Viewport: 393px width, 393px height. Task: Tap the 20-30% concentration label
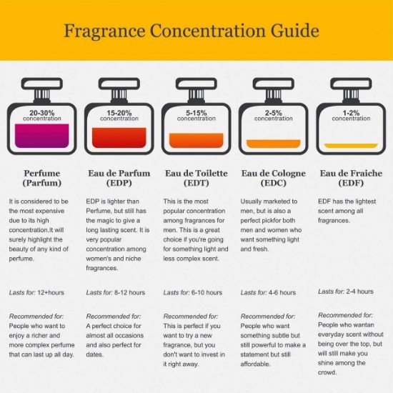(42, 116)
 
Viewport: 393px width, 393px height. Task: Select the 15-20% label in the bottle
(119, 113)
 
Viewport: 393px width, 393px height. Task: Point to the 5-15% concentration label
(196, 116)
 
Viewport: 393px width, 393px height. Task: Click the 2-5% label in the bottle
(274, 113)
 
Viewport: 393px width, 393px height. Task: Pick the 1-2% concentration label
(351, 116)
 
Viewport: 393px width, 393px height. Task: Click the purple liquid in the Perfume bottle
(42, 136)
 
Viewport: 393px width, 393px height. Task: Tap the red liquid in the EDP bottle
(119, 138)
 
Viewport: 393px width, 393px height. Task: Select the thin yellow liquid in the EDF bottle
(351, 146)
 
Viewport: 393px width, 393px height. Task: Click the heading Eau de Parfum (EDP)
(119, 178)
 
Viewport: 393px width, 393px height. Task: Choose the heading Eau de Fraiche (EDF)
(351, 178)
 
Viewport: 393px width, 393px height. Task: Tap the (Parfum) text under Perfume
(42, 183)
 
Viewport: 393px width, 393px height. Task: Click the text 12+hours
(51, 292)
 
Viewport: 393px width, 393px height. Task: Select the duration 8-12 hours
(129, 292)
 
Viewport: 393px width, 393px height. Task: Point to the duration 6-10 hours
(207, 292)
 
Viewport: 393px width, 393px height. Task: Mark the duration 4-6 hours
(282, 292)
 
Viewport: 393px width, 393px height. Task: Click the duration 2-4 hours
(359, 292)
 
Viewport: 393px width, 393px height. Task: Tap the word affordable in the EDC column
(255, 364)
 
